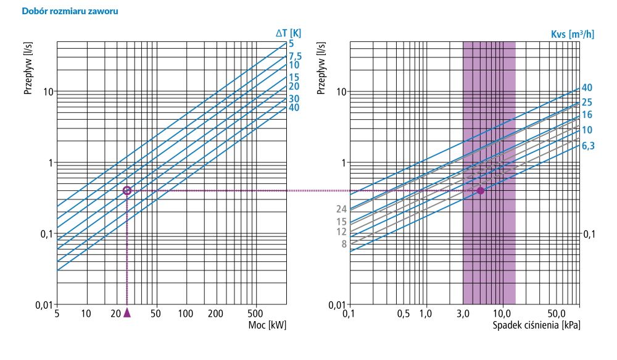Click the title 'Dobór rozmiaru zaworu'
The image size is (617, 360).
point(70,11)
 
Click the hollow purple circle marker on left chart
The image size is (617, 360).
point(127,191)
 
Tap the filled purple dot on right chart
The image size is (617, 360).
point(481,190)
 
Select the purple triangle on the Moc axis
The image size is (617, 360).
point(127,312)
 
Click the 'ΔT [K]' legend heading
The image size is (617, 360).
point(288,33)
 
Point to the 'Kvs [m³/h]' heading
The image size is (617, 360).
point(572,33)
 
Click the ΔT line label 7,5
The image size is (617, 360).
point(295,56)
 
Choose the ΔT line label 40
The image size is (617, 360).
point(294,107)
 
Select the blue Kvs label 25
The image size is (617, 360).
point(587,103)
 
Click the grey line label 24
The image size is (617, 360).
point(341,209)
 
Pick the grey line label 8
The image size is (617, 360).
point(344,244)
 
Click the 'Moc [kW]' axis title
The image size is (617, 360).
point(267,325)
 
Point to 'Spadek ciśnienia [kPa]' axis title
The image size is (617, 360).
point(536,325)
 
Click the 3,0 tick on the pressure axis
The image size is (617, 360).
point(463,314)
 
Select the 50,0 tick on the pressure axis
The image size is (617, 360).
point(556,314)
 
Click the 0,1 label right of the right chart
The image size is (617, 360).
point(590,234)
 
